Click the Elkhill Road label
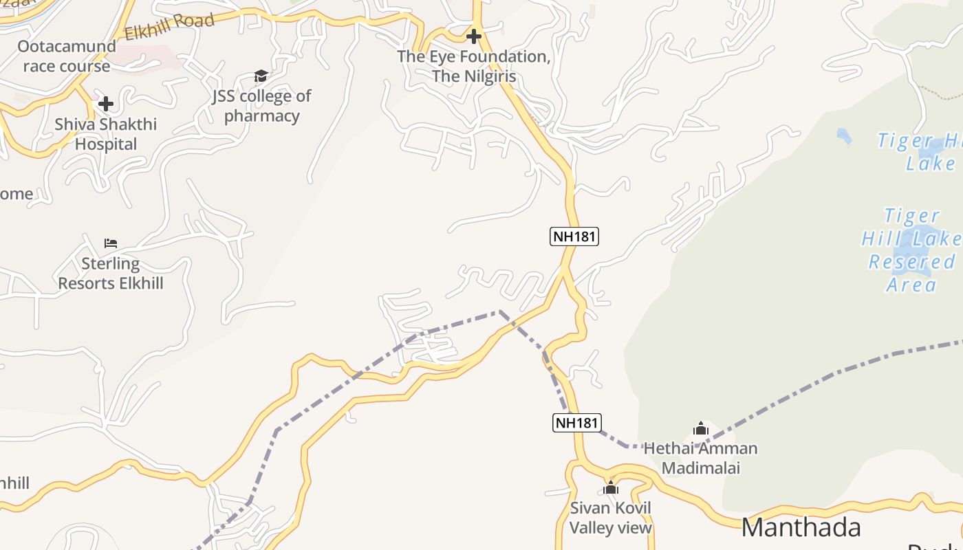169,26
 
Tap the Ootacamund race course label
66,56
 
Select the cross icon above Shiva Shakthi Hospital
106,104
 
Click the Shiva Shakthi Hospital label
106,134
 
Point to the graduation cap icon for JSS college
261,76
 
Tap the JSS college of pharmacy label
261,106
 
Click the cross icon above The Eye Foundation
473,36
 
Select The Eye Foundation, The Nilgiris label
473,66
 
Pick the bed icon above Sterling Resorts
111,243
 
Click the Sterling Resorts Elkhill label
111,273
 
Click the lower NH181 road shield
576,422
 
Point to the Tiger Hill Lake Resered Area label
911,250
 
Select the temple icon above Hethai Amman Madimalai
701,429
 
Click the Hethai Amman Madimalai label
700,458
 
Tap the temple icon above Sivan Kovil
611,488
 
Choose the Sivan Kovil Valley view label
611,518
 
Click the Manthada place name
801,527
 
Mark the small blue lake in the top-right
844,136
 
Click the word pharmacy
262,115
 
